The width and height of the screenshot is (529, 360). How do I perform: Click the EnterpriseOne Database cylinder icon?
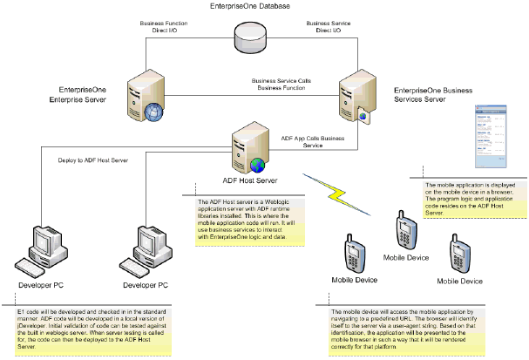251,38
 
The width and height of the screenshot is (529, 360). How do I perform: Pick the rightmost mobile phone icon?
458,253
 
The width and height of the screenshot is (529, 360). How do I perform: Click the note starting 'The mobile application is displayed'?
466,199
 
